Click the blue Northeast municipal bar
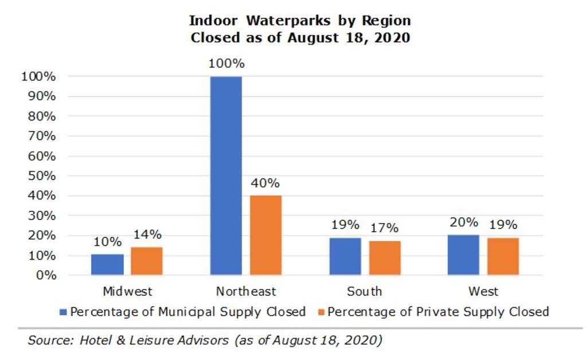(226, 175)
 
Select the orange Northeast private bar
(265, 235)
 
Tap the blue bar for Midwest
(107, 264)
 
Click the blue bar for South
(345, 256)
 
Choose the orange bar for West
(503, 256)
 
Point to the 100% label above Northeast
(226, 64)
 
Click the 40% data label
(265, 183)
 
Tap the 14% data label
(147, 234)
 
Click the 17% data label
(384, 228)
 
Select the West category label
(483, 291)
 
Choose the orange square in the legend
(322, 312)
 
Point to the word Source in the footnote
(48, 340)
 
